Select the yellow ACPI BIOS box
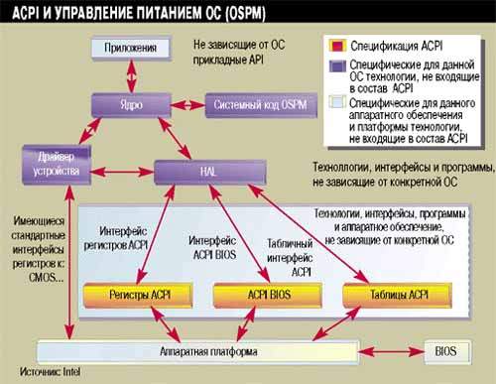tap(254, 294)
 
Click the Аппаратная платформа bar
tap(207, 351)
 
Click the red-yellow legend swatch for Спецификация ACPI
tap(336, 46)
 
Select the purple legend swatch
tap(336, 66)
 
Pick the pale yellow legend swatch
tap(336, 101)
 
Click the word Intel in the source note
tap(67, 373)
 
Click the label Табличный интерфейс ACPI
tap(289, 257)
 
